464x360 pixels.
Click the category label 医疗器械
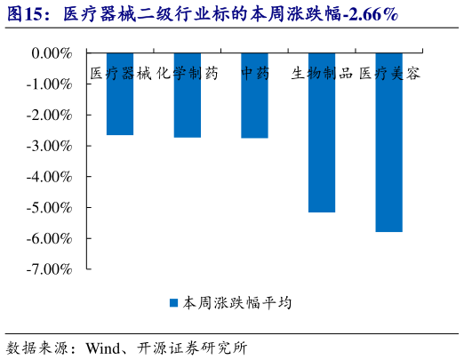120,74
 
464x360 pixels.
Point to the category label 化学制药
187,74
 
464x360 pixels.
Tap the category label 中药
254,74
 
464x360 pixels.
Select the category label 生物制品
322,74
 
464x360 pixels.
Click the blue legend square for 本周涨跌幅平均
174,303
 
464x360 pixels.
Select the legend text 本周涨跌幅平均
237,303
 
